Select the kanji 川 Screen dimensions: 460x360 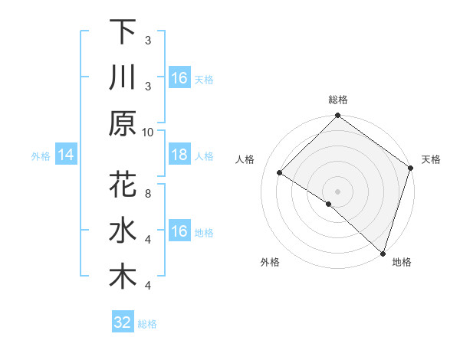click(x=123, y=77)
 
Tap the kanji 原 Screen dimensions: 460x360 click(x=123, y=123)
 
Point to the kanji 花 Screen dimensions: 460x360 click(x=123, y=186)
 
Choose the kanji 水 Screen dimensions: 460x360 click(x=123, y=231)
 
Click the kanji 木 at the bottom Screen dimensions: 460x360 click(x=123, y=277)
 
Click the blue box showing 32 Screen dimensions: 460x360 click(x=123, y=322)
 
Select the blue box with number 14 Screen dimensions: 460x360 click(x=66, y=155)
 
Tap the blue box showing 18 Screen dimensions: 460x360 click(x=179, y=155)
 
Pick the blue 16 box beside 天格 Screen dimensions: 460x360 click(x=179, y=78)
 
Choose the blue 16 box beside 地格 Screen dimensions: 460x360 click(x=179, y=231)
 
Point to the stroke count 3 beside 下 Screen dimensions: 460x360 click(x=148, y=40)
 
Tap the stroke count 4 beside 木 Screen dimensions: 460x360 click(x=148, y=286)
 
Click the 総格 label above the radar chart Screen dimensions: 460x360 click(x=337, y=100)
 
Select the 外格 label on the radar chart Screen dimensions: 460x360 click(x=270, y=262)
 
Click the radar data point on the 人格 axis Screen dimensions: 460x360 click(x=280, y=174)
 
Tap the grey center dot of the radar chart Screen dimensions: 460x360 click(x=337, y=190)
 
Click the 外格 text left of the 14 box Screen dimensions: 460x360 click(x=41, y=156)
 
